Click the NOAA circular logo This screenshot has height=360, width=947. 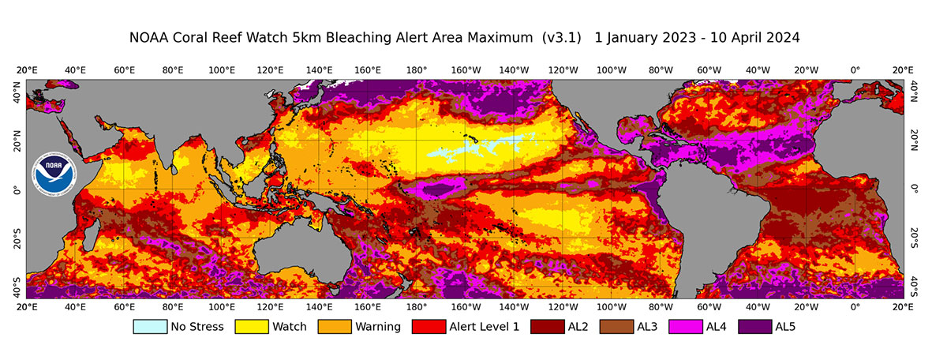[54, 174]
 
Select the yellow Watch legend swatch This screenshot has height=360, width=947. [253, 326]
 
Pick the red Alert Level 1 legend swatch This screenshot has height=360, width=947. [433, 326]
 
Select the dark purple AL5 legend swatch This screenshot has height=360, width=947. [756, 326]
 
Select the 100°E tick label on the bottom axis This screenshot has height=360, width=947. [221, 306]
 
